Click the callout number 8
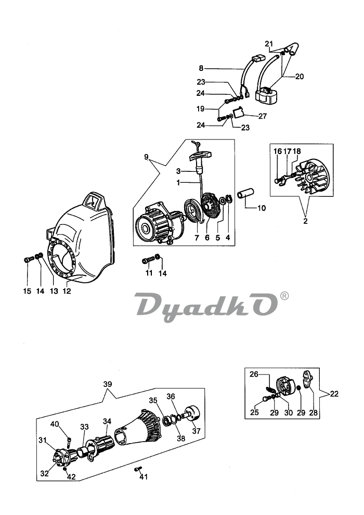201,68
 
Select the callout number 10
261,208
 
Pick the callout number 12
67,291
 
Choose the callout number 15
27,291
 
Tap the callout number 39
108,384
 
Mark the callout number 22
333,394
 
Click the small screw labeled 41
138,469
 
